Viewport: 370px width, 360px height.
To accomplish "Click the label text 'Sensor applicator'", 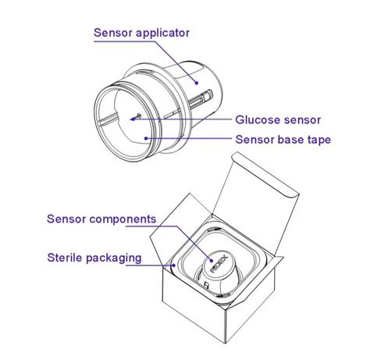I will coord(141,33).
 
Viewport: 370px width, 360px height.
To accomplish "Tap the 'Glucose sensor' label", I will coord(278,120).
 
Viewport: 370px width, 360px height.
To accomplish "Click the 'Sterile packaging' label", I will coord(93,256).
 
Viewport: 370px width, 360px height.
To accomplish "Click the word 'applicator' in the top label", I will coord(163,33).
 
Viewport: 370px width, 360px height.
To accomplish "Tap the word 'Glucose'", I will coord(258,120).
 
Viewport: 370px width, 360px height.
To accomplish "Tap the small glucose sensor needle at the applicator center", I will coord(137,117).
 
